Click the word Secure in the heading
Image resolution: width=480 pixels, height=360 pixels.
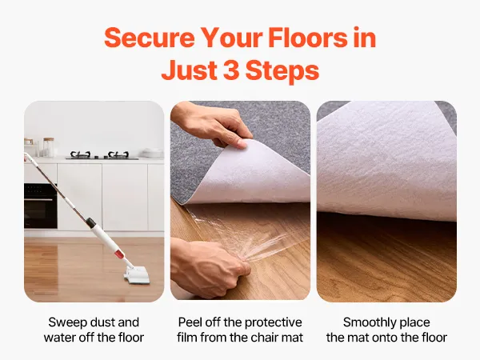click(x=150, y=38)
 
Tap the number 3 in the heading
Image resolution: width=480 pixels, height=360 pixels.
click(x=232, y=70)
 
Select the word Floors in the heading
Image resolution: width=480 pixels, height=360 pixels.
click(x=308, y=38)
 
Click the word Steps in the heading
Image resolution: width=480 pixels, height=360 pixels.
click(x=282, y=70)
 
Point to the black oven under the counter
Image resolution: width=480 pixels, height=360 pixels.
click(x=41, y=206)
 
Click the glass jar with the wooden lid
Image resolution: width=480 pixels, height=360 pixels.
click(x=49, y=147)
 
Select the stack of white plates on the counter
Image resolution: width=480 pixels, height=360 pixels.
click(x=151, y=153)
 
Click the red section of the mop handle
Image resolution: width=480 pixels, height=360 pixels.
click(x=118, y=254)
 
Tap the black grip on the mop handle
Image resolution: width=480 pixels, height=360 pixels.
click(x=90, y=222)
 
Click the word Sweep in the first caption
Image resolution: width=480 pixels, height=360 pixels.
click(x=66, y=322)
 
